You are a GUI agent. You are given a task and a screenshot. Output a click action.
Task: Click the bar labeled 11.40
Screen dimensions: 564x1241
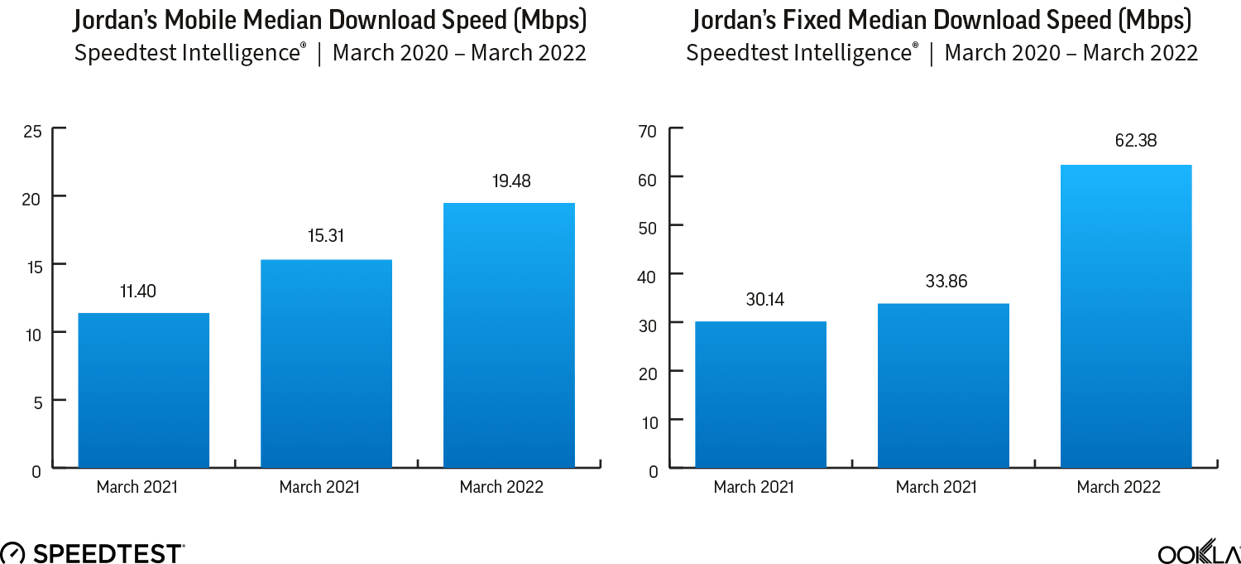pyautogui.click(x=143, y=390)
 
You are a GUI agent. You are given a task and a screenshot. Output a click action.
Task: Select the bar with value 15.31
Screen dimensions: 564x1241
pyautogui.click(x=326, y=364)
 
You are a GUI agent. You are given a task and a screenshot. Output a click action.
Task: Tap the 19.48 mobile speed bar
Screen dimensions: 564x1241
pyautogui.click(x=509, y=335)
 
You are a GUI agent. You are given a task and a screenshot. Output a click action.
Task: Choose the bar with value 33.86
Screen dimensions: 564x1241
pyautogui.click(x=943, y=385)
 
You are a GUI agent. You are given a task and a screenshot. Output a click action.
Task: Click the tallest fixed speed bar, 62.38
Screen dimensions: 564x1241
pyautogui.click(x=1126, y=316)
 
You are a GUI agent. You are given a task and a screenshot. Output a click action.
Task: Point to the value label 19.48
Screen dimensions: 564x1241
pyautogui.click(x=509, y=180)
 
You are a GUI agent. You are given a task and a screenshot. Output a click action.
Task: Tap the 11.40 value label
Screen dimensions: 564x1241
pyautogui.click(x=137, y=291)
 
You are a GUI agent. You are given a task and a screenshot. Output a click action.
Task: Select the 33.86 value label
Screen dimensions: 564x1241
pyautogui.click(x=946, y=282)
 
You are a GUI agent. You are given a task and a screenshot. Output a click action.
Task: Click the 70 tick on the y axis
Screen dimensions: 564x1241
pyautogui.click(x=648, y=131)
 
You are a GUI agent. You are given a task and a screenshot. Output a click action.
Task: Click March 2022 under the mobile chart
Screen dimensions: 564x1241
pyautogui.click(x=501, y=487)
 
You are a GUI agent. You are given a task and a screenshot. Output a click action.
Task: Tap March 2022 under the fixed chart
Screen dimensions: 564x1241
pyautogui.click(x=1119, y=487)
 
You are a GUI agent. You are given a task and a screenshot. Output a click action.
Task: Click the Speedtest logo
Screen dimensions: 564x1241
pyautogui.click(x=93, y=552)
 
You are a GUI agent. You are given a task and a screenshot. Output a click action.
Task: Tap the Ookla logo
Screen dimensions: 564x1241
pyautogui.click(x=1198, y=552)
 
